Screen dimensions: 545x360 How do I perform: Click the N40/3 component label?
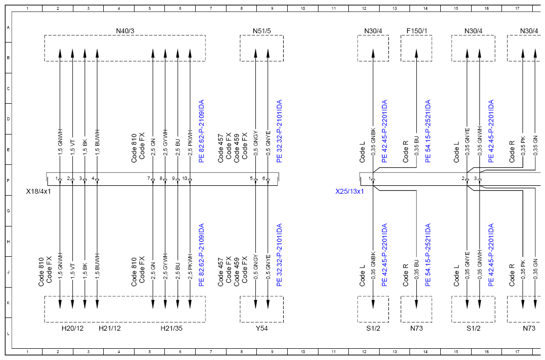pos(125,31)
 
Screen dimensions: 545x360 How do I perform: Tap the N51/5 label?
pos(261,31)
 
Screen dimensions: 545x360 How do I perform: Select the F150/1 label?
pos(416,31)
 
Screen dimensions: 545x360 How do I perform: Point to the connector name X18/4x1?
pos(38,191)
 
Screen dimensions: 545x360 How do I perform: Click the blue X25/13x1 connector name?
pos(349,191)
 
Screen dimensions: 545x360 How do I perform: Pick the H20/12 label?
pos(72,328)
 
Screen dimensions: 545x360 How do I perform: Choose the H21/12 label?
pos(110,328)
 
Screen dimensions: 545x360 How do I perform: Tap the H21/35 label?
pos(171,328)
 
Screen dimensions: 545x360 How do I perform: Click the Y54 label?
pos(261,328)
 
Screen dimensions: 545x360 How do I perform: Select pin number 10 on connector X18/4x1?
pos(184,179)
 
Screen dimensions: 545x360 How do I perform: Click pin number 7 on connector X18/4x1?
pos(148,179)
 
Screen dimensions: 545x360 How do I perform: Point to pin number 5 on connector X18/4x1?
pos(251,179)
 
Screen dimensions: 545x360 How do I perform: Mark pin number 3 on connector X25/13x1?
pos(475,179)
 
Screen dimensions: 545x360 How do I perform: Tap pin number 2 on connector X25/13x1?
pos(463,179)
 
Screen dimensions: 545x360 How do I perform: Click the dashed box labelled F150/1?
pos(401,48)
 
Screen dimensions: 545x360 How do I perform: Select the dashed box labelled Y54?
pos(240,309)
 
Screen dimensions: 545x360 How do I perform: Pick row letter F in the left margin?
pos(8,180)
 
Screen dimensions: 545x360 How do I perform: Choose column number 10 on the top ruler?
pos(303,8)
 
